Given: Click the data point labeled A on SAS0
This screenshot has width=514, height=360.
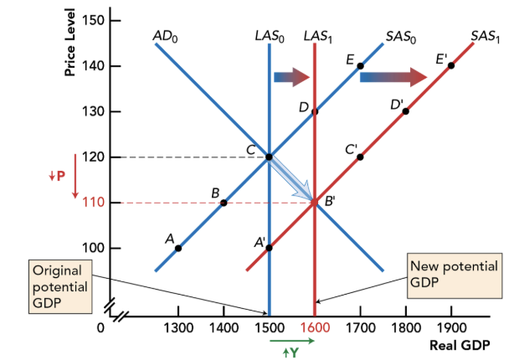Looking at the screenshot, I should [x=178, y=248].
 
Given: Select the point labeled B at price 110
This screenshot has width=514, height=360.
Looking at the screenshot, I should [x=224, y=203].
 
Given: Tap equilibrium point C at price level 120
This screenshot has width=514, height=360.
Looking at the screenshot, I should [x=269, y=157].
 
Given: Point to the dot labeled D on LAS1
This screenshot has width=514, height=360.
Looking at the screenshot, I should [x=315, y=111].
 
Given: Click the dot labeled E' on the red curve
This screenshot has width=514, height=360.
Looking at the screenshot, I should [x=451, y=65].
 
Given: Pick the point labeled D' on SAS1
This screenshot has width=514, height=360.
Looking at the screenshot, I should [x=406, y=111].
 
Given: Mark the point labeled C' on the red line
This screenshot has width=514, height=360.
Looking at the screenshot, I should [x=360, y=157].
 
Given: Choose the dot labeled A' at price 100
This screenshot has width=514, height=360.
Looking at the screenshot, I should [x=269, y=248].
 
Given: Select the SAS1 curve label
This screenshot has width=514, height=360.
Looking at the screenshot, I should [x=485, y=36].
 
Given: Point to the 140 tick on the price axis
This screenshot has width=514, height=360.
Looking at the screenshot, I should [x=94, y=65].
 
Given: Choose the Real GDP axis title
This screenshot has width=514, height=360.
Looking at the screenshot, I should [x=457, y=345].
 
